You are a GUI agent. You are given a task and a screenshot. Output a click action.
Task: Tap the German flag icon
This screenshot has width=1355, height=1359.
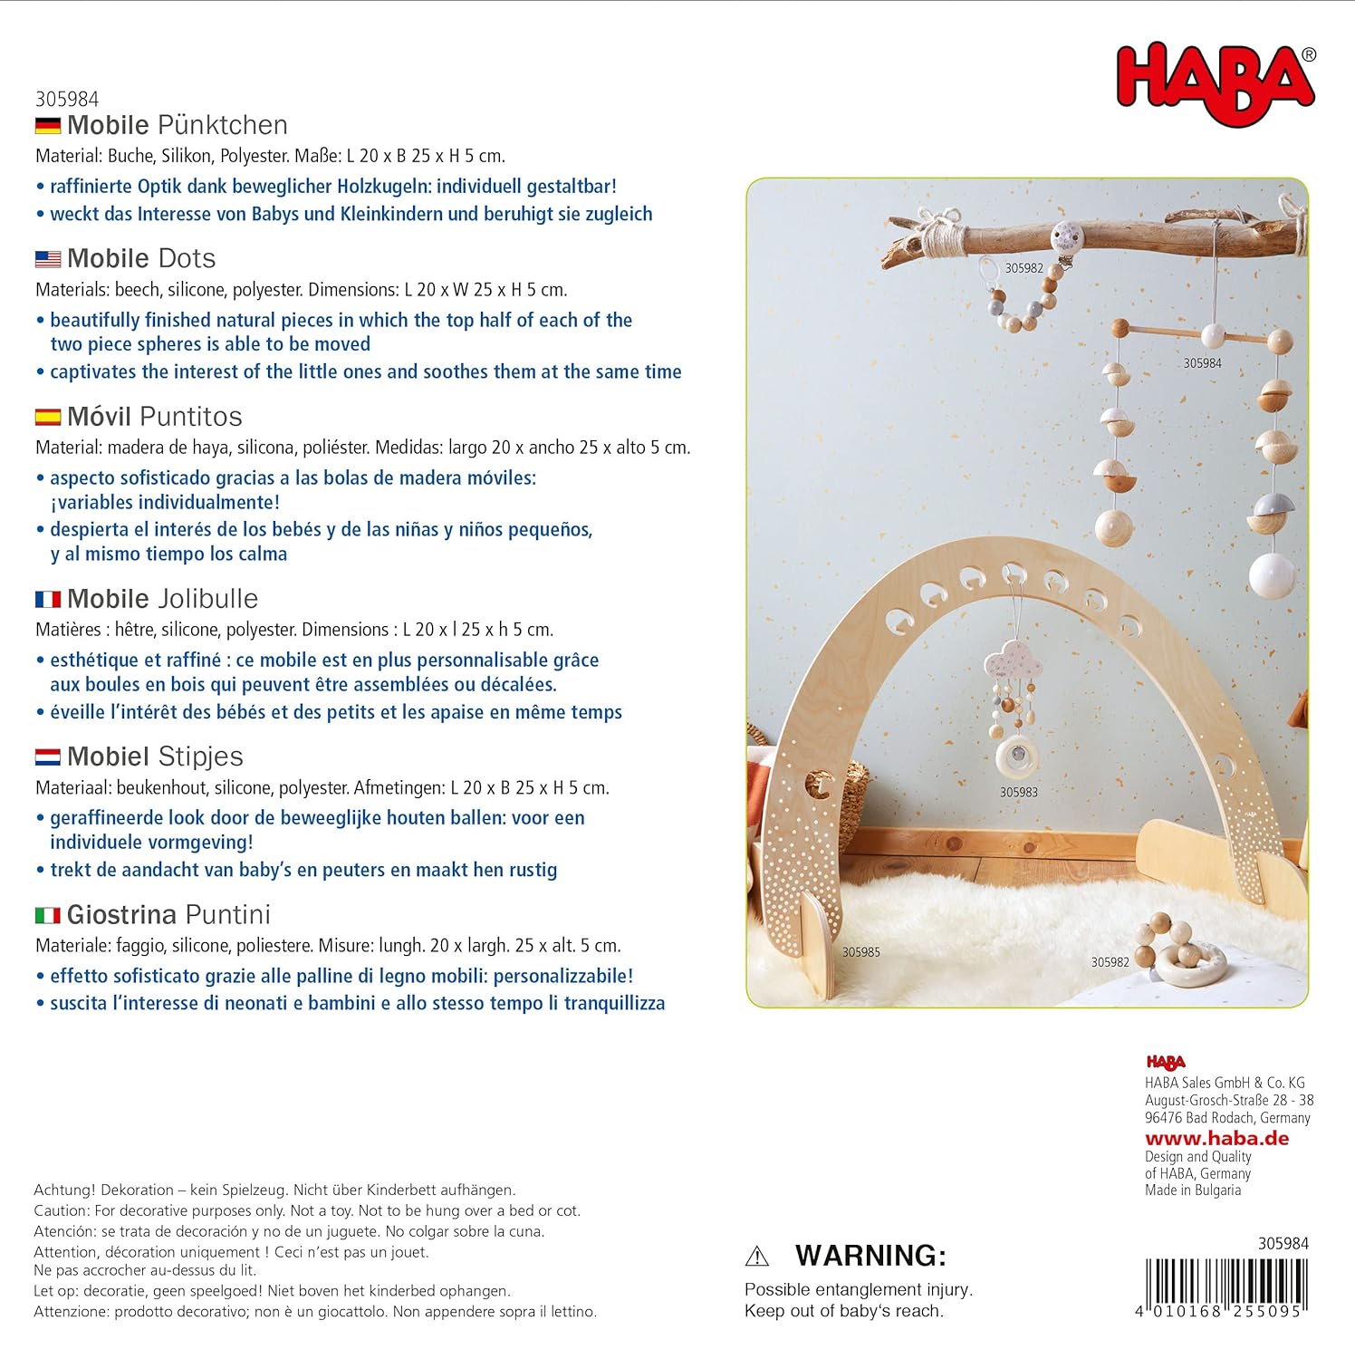(x=48, y=125)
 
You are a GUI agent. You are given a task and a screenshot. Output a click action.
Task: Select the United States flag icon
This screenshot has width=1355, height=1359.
(x=48, y=259)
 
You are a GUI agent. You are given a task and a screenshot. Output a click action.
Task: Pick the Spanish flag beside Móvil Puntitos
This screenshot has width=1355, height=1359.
(x=48, y=417)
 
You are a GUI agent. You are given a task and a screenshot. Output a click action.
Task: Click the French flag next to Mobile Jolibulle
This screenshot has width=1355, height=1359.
(x=48, y=599)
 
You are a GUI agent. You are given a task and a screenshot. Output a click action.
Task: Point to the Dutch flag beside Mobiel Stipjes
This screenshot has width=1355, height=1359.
(x=48, y=757)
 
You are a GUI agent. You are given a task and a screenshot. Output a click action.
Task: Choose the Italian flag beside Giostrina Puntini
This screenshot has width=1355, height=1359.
(x=48, y=915)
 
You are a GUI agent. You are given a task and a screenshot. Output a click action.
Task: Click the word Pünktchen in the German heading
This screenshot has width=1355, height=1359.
(x=222, y=125)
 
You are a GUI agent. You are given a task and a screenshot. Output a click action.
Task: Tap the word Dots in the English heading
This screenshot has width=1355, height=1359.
(x=187, y=259)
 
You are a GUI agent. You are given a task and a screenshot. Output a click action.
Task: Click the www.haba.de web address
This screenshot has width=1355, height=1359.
(x=1216, y=1139)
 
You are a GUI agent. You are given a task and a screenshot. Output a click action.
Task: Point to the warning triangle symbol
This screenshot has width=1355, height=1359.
(x=756, y=1257)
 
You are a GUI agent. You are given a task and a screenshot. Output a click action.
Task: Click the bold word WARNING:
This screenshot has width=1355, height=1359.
(x=870, y=1256)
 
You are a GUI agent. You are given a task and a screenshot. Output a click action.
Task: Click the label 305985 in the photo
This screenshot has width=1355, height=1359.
(x=860, y=952)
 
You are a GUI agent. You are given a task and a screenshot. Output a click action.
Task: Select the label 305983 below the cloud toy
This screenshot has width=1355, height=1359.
(x=1018, y=792)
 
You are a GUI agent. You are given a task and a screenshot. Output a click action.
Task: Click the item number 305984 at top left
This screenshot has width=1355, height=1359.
(x=67, y=99)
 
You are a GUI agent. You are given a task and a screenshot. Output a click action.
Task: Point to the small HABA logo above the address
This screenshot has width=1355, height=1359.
(x=1165, y=1063)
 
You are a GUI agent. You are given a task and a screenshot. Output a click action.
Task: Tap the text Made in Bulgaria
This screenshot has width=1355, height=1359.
(x=1193, y=1190)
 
